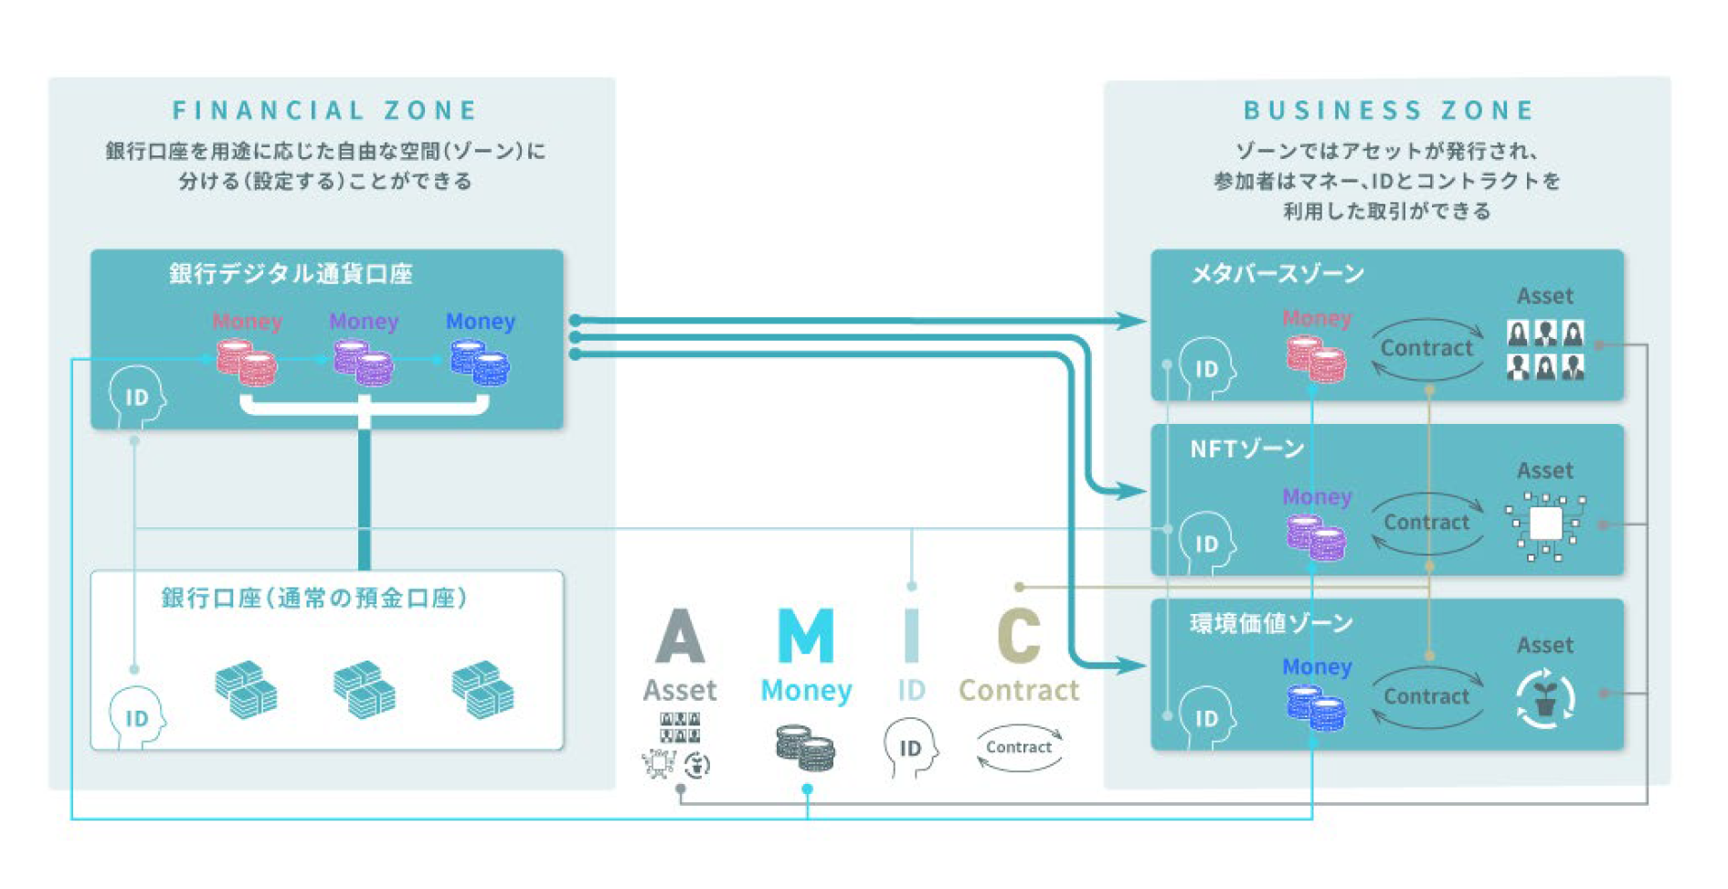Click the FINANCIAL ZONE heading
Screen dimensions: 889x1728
tap(324, 111)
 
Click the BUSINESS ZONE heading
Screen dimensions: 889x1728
tap(1388, 111)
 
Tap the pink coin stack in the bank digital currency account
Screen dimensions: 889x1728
tap(247, 362)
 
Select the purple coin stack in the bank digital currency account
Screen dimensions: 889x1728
tap(363, 362)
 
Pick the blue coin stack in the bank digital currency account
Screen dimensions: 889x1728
tap(480, 362)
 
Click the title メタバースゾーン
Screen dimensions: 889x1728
tap(1277, 273)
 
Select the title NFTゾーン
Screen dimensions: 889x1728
tap(1246, 449)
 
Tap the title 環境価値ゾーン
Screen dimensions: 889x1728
tap(1271, 623)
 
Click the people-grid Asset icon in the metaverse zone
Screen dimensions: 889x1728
tap(1545, 350)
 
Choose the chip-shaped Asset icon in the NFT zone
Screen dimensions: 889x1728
tap(1545, 524)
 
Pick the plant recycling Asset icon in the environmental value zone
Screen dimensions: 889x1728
tap(1545, 700)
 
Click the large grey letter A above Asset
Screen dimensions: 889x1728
tap(680, 636)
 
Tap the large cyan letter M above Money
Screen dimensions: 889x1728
tap(805, 636)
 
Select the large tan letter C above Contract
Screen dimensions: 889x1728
tap(1019, 636)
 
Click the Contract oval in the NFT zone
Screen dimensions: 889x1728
tap(1426, 523)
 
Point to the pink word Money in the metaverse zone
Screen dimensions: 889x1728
tap(1316, 318)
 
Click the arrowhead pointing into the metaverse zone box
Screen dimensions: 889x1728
tap(1132, 321)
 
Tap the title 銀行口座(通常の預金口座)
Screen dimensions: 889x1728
tap(315, 598)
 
